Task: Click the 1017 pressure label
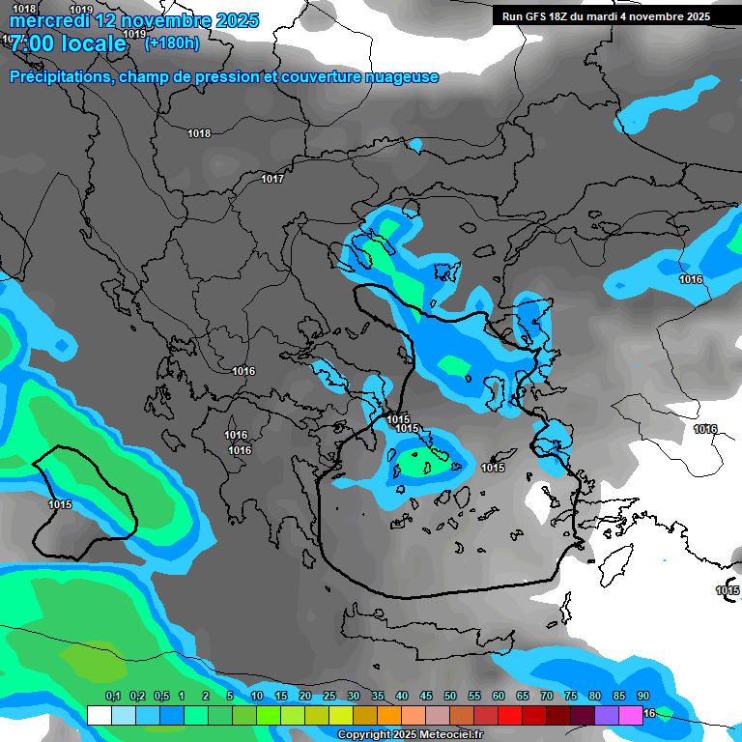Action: click(272, 179)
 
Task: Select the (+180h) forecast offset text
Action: click(172, 43)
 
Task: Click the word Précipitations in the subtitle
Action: click(59, 77)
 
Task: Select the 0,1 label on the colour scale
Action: click(113, 697)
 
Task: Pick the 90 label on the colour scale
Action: click(643, 697)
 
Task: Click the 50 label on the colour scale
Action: click(450, 697)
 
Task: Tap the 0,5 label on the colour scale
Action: click(161, 697)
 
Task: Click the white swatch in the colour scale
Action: click(99, 715)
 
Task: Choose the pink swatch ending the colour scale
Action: click(631, 715)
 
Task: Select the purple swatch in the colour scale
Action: click(607, 715)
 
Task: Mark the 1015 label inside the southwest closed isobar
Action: click(60, 504)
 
